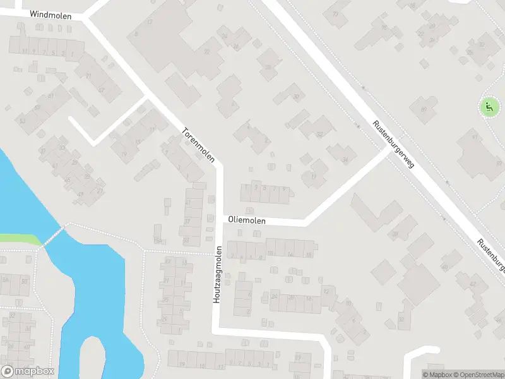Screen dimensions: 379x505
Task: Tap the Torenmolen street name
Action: pyautogui.click(x=198, y=145)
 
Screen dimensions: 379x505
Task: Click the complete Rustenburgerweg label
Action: pyautogui.click(x=392, y=145)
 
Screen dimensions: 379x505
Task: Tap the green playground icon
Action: pyautogui.click(x=489, y=107)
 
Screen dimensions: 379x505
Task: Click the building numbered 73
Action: pyautogui.click(x=335, y=13)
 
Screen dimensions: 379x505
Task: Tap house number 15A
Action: pyautogui.click(x=157, y=241)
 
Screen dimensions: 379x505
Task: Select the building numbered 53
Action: pyautogui.click(x=23, y=121)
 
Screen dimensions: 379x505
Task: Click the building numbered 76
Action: pyautogui.click(x=384, y=27)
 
